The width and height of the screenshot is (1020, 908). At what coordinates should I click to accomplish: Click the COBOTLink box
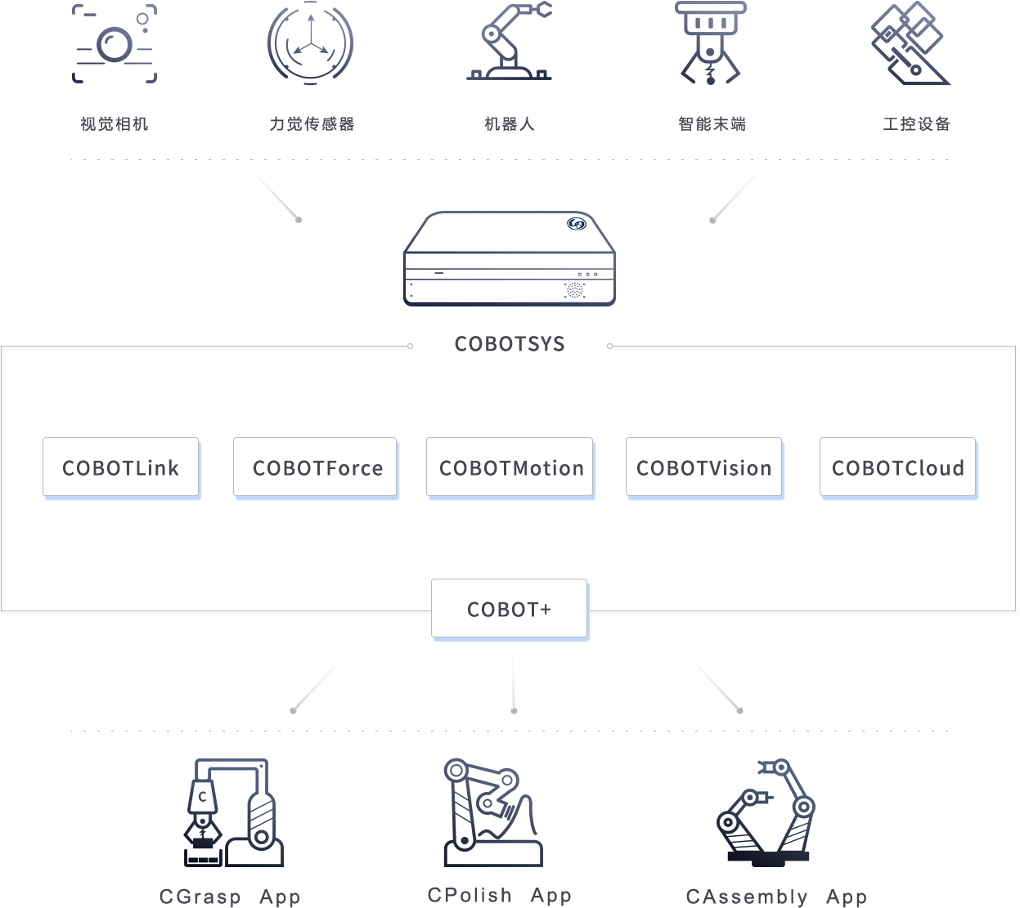[121, 467]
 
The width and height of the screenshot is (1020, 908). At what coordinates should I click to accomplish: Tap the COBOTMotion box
[510, 467]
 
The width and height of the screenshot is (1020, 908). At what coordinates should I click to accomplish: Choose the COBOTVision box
[704, 467]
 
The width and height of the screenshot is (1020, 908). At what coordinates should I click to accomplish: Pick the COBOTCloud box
[898, 467]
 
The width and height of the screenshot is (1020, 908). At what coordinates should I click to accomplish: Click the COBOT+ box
[510, 609]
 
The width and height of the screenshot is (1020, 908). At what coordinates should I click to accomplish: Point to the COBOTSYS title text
[510, 344]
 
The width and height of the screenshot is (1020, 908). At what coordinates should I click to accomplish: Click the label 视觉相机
[115, 123]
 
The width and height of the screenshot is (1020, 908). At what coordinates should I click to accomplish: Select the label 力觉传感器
[312, 123]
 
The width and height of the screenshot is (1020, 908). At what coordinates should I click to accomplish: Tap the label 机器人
[510, 123]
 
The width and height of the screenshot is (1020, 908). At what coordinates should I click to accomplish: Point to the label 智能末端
[712, 123]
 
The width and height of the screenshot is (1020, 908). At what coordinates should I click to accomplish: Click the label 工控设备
[916, 123]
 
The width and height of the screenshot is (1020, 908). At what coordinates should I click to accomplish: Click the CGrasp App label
[230, 897]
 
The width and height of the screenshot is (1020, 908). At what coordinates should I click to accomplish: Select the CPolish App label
[500, 896]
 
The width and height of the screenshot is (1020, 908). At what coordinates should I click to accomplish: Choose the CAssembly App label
[776, 897]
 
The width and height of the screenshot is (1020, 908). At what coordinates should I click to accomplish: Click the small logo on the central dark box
[577, 223]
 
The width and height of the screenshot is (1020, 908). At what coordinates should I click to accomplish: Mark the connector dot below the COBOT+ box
[514, 710]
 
